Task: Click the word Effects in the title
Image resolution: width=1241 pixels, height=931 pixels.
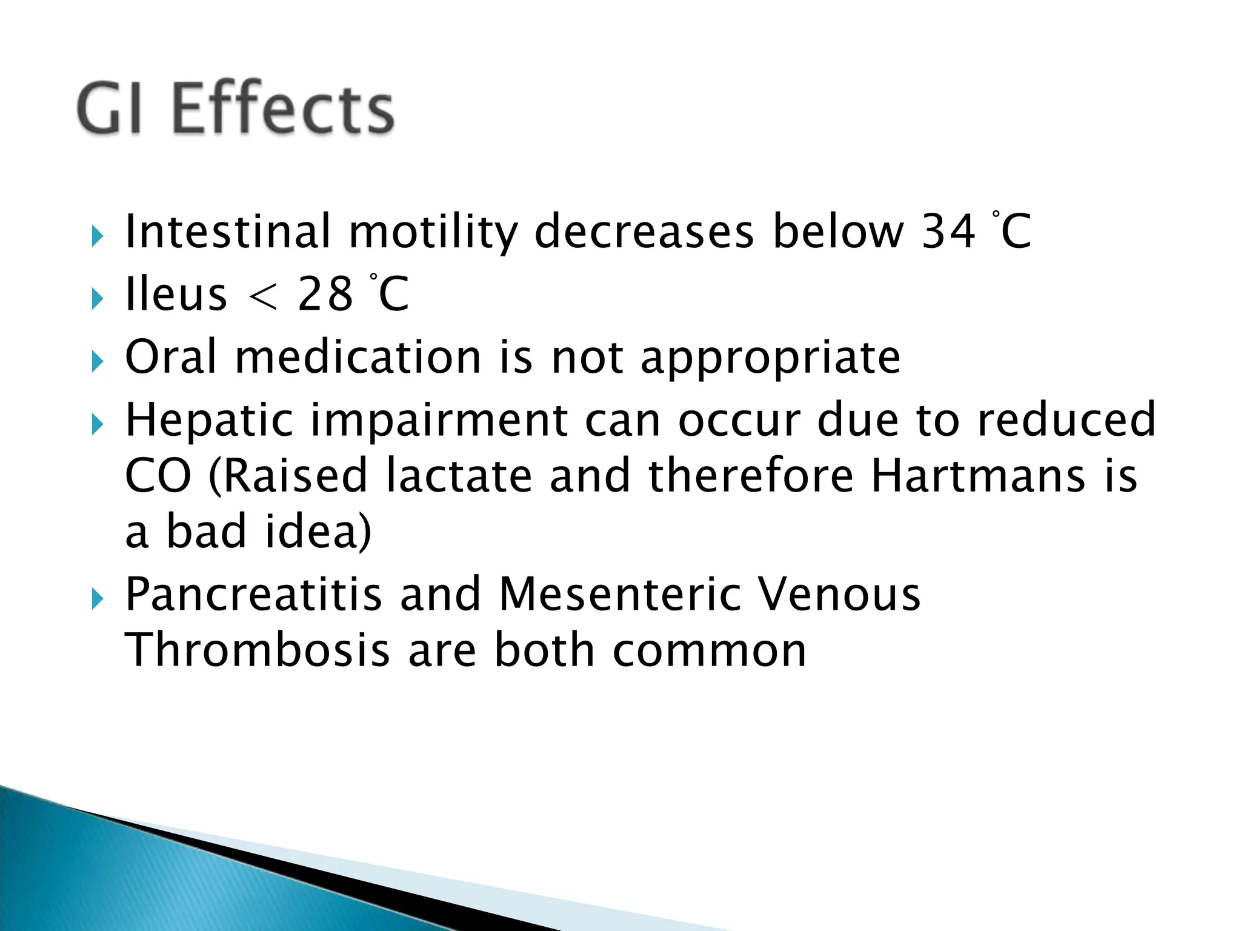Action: click(283, 109)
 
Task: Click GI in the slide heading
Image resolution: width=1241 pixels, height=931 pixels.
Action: click(110, 109)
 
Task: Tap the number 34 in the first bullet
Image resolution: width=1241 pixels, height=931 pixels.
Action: click(948, 232)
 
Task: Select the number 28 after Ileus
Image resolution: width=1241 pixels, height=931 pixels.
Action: click(325, 295)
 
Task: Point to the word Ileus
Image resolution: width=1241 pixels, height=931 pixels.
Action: click(176, 295)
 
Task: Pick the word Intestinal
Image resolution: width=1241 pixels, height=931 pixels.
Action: click(228, 232)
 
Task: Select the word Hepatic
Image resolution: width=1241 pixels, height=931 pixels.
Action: click(208, 419)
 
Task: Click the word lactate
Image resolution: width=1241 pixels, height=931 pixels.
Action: click(459, 476)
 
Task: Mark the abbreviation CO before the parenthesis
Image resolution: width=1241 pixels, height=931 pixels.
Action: click(158, 476)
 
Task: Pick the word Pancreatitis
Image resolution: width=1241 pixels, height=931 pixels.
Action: click(253, 594)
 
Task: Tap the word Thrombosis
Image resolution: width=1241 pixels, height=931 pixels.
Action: click(257, 650)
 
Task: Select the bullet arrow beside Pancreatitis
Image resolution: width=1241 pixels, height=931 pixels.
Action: click(98, 599)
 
